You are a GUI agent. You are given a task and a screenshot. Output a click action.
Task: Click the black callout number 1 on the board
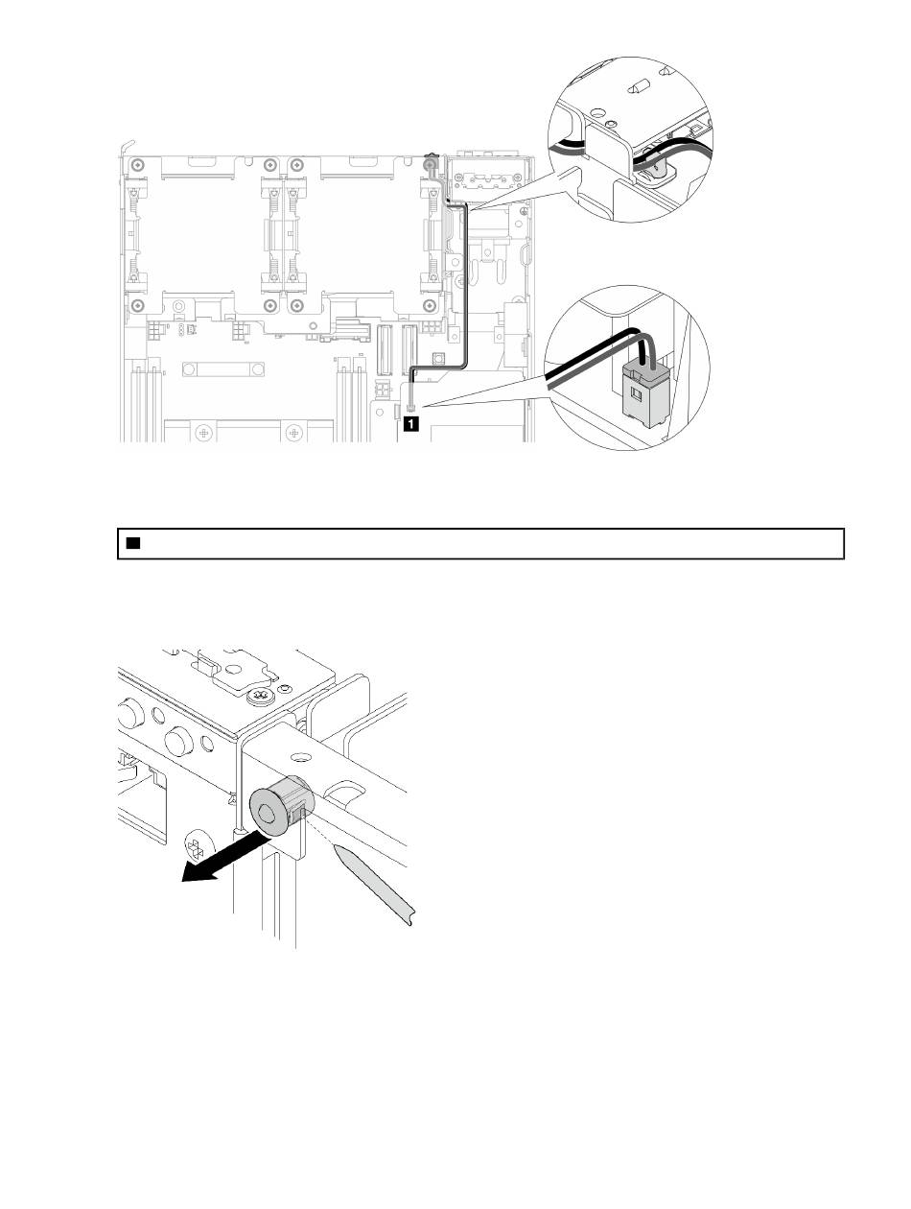pos(410,420)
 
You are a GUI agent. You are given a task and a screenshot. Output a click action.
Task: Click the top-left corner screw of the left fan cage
pos(139,163)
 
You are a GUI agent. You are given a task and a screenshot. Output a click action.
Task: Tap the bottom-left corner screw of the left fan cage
pos(139,306)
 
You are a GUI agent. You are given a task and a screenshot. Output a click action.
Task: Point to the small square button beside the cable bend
pos(437,358)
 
